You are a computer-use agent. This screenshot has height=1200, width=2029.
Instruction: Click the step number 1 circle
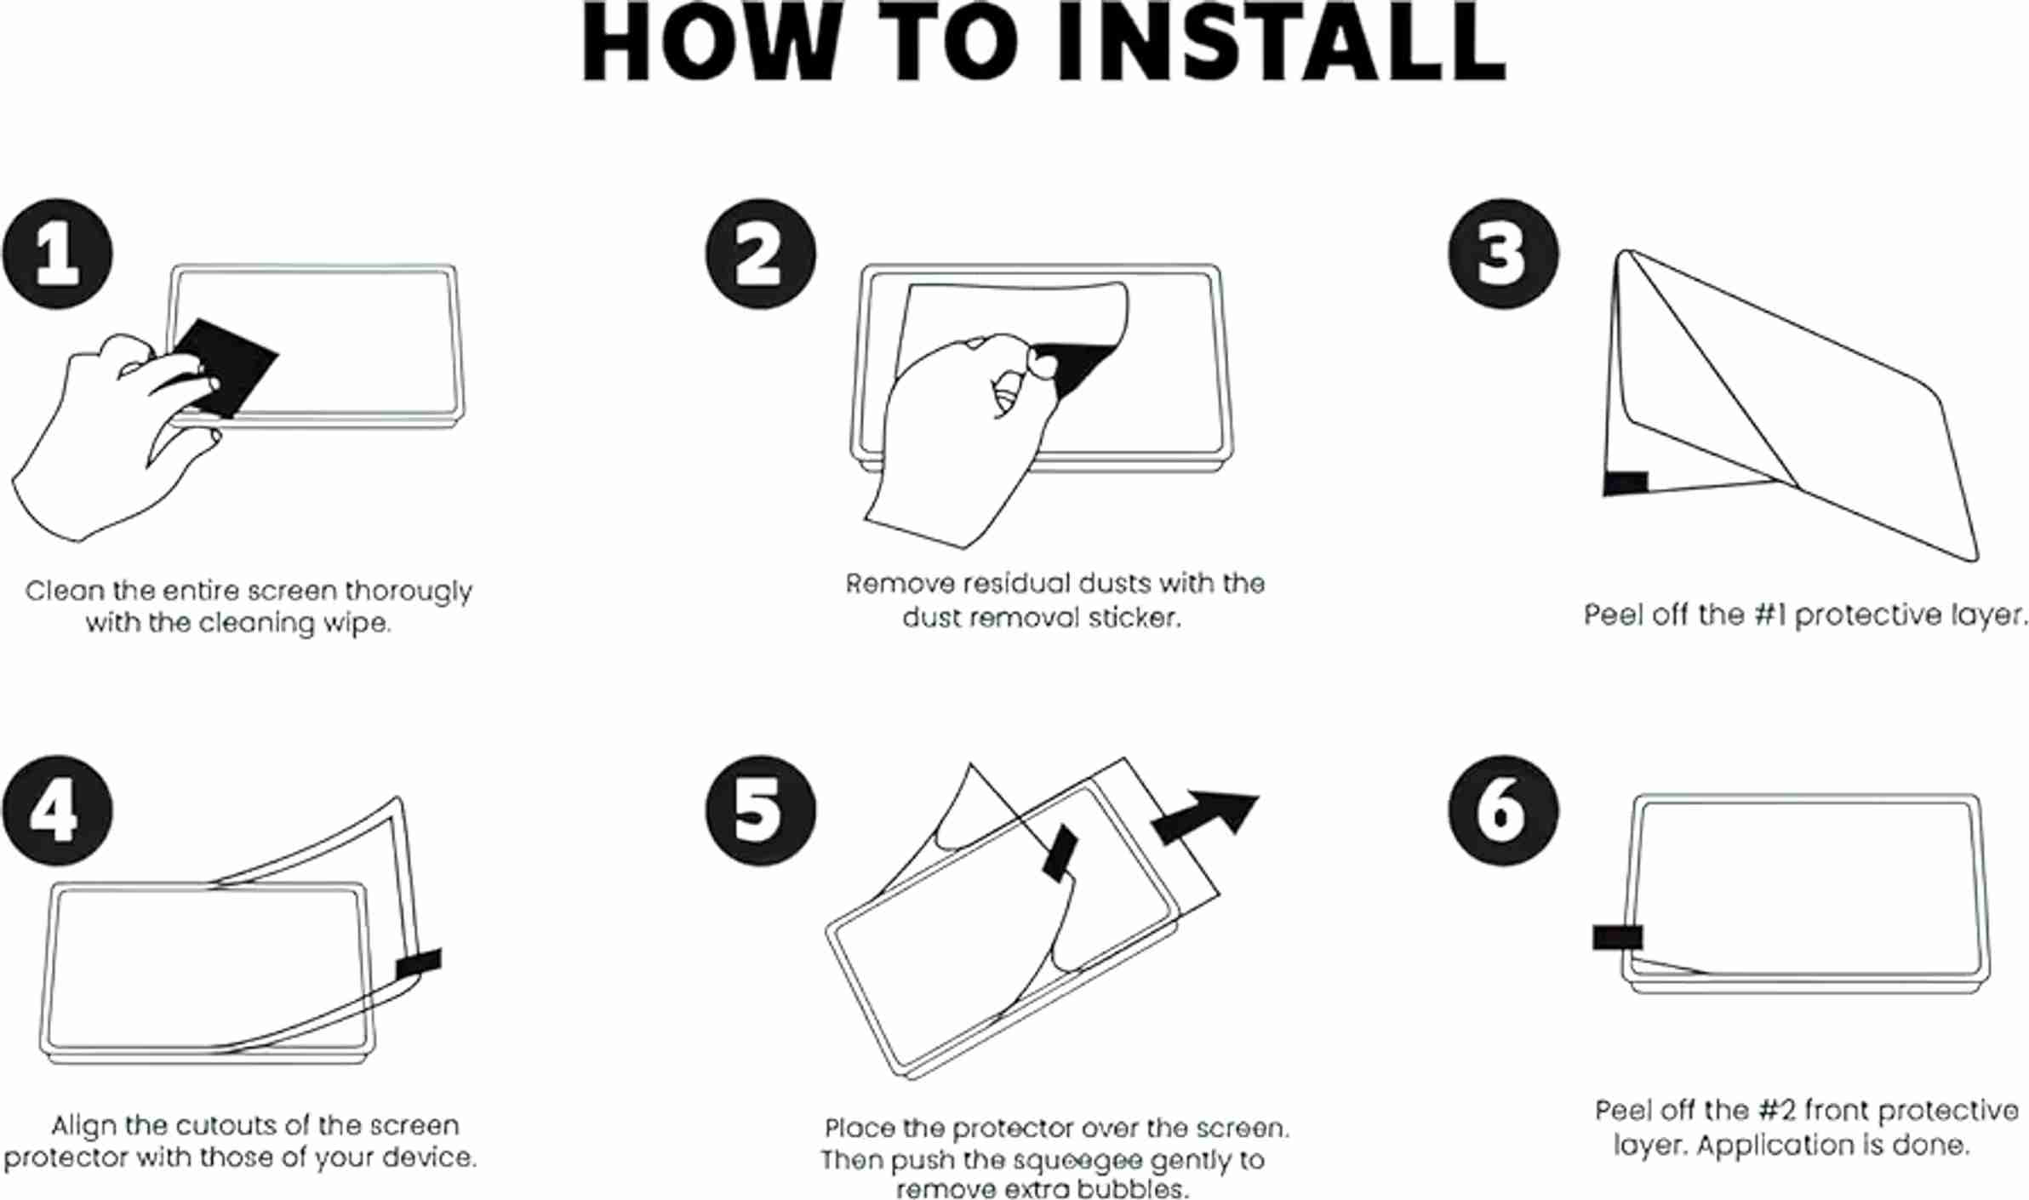57,254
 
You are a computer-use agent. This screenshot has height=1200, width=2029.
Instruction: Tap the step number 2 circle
760,254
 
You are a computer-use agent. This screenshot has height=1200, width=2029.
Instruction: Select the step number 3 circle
1503,254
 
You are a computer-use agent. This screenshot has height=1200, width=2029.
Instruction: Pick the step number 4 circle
57,810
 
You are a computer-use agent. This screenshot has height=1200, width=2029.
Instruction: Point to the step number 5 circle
760,810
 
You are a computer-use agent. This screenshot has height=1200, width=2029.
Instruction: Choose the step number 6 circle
1503,810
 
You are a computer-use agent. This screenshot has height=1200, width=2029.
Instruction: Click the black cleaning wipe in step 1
223,368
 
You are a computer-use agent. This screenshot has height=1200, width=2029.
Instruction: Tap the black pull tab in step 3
1626,483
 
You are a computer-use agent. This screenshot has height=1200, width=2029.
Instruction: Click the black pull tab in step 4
419,963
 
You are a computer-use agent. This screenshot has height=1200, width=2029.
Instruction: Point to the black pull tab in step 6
1617,937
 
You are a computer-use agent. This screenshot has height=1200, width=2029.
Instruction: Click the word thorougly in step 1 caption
408,591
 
